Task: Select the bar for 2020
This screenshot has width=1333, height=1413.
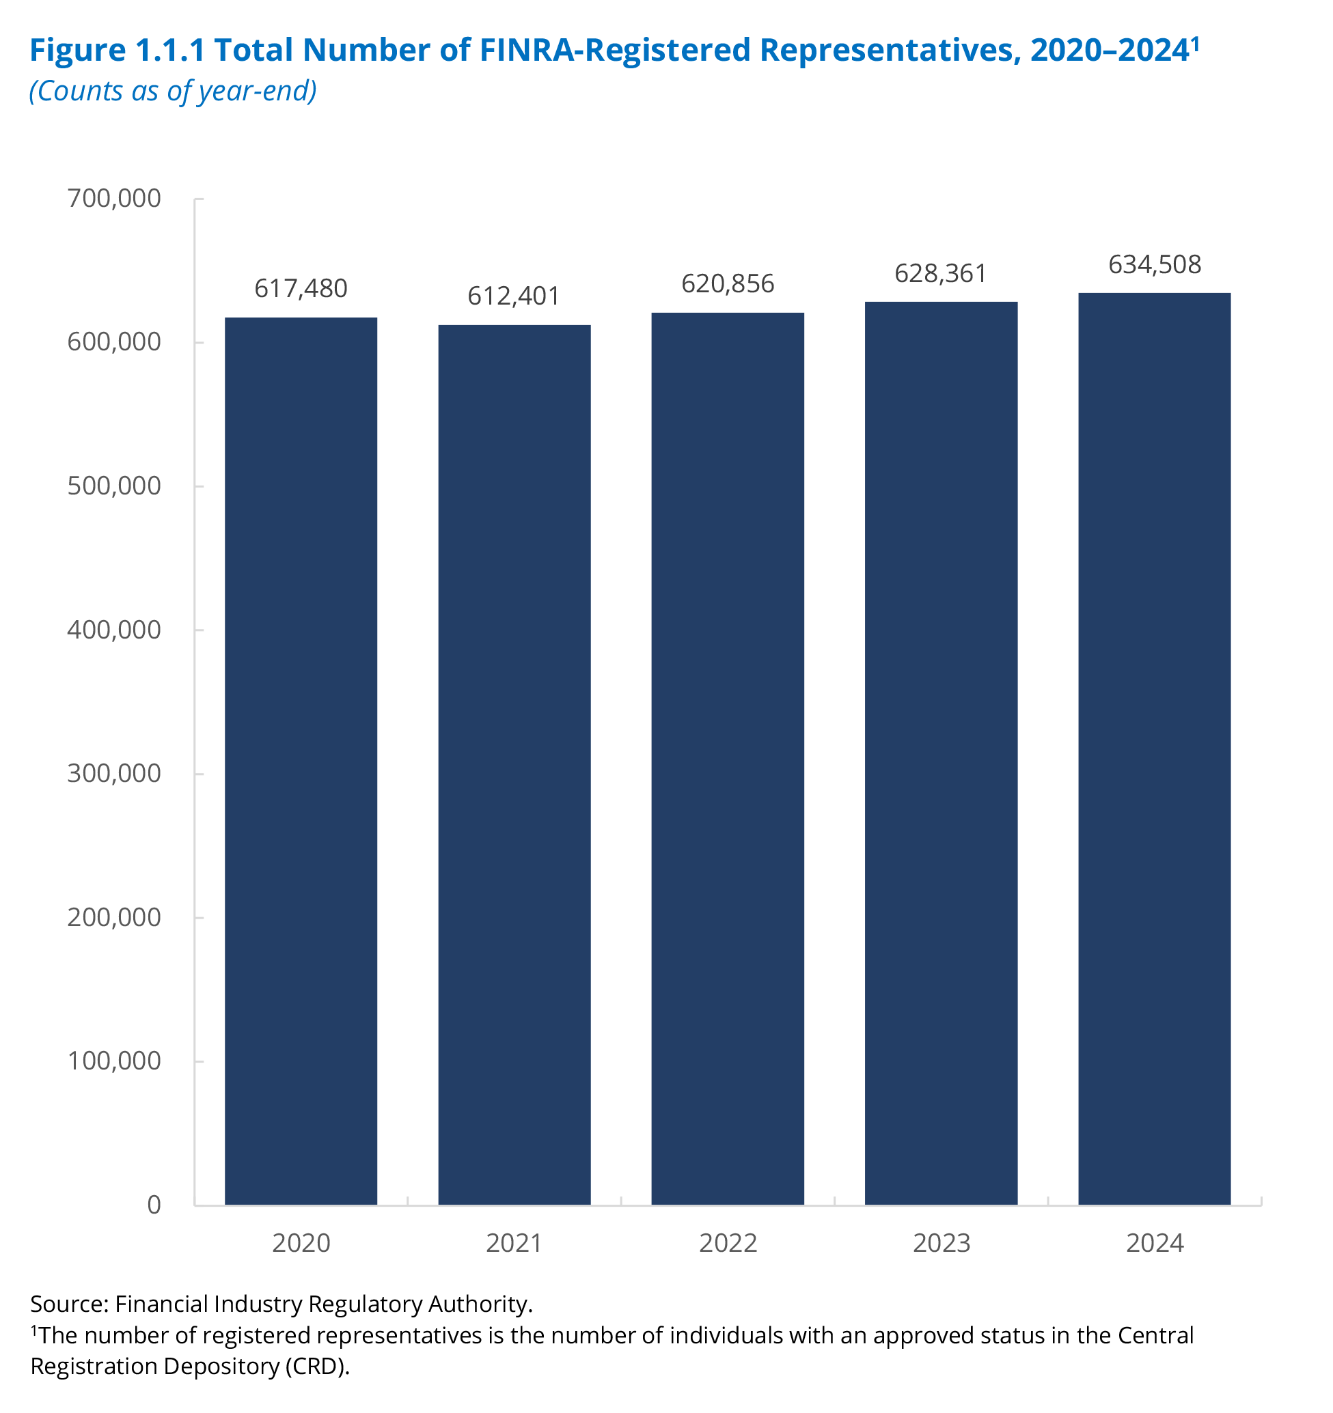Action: tap(301, 761)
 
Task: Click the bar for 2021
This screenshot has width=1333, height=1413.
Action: tap(514, 764)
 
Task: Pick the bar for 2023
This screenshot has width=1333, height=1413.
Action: tap(941, 753)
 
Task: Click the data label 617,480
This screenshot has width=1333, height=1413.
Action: tap(301, 289)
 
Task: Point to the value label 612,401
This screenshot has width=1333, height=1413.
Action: tap(514, 296)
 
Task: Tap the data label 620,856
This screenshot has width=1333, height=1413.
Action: tap(727, 284)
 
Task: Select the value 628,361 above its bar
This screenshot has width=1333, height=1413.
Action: tap(941, 274)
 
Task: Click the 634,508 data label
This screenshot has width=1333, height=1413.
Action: tap(1155, 265)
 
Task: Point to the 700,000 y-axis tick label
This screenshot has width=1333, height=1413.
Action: tap(113, 198)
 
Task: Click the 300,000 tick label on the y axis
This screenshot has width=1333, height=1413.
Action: tap(113, 773)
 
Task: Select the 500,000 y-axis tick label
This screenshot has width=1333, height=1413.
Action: tap(113, 486)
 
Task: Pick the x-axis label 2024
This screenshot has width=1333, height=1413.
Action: tap(1155, 1243)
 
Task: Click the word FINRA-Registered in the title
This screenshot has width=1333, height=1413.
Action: tap(615, 51)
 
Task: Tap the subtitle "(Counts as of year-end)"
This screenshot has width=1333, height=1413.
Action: tap(173, 91)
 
